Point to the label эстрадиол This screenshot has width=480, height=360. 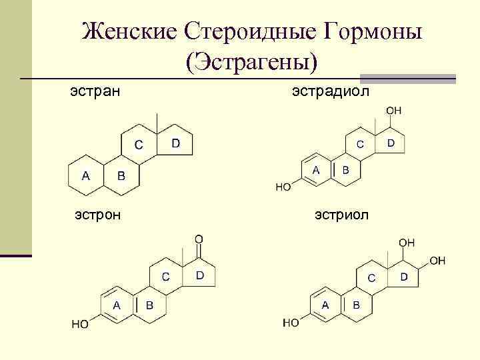click(x=330, y=89)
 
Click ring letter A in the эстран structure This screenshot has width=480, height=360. click(x=85, y=176)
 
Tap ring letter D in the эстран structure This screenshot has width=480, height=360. click(x=175, y=143)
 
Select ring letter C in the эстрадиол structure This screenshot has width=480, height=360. click(x=359, y=144)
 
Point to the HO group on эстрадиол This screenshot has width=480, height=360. click(x=283, y=187)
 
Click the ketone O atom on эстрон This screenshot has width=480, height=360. click(x=199, y=239)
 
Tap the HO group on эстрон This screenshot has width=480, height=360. click(x=81, y=325)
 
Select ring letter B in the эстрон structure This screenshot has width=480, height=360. click(x=149, y=305)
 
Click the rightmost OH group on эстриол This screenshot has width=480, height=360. click(x=437, y=261)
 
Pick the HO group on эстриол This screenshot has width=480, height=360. click(x=291, y=323)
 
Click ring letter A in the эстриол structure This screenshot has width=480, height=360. click(x=326, y=305)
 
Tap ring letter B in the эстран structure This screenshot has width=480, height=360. click(x=121, y=176)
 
